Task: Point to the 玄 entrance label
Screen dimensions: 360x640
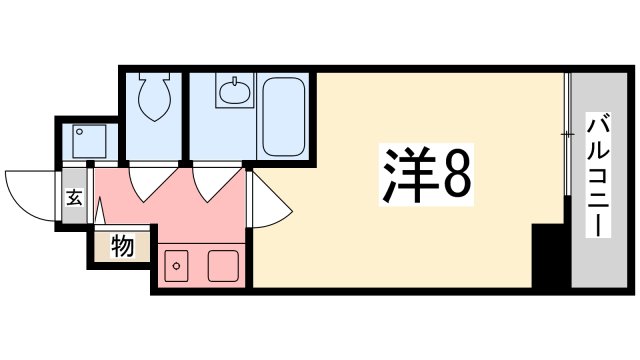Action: point(75,197)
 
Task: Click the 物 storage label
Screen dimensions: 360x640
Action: point(122,246)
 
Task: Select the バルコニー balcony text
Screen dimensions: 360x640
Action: point(598,175)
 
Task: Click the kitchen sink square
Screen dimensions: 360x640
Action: point(222,266)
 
